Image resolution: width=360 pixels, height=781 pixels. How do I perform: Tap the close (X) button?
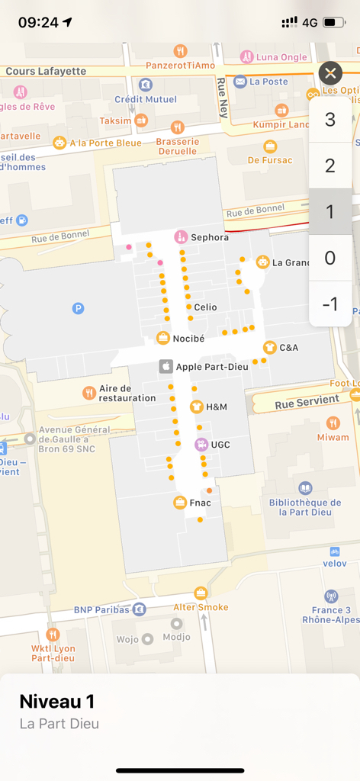coord(329,73)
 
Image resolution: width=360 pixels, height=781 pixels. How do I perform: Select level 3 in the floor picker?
coord(330,120)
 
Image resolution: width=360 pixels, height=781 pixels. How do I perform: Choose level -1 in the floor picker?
coord(330,304)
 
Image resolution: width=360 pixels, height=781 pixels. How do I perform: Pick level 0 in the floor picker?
coord(330,258)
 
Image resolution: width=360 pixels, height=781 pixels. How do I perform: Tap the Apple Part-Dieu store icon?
coord(165,367)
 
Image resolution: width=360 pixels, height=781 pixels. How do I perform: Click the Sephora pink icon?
coord(181,236)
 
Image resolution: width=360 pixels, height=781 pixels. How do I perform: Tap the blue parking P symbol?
coord(78,308)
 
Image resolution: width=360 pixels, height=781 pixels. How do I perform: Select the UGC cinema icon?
coord(201,445)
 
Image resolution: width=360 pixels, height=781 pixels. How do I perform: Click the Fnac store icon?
coord(180,503)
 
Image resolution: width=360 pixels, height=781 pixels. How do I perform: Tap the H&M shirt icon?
coord(196,407)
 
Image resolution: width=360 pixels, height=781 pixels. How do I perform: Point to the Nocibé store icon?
coord(163,338)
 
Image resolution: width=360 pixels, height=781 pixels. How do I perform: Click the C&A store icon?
coord(269,348)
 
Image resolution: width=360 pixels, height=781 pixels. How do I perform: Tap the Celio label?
coord(205,307)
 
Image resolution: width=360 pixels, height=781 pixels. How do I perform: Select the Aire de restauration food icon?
coord(89,393)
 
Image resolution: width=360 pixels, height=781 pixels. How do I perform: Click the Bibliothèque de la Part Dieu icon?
coord(305,488)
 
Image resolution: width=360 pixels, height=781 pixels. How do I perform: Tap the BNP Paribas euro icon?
coord(139,609)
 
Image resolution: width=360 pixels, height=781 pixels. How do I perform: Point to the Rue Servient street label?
coord(307,400)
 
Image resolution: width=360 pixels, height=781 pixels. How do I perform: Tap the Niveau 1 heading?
coord(56,702)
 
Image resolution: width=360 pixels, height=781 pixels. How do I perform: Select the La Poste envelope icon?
coord(240,82)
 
